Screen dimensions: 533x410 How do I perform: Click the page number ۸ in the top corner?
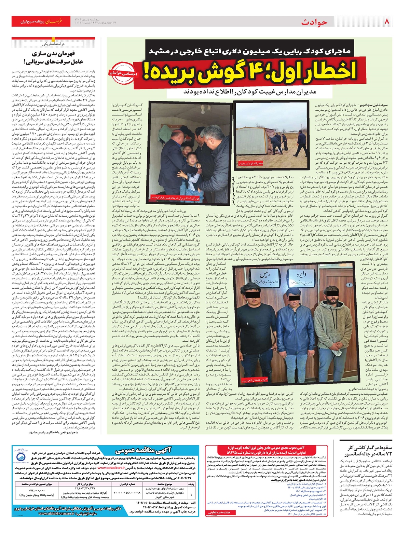pos(387,22)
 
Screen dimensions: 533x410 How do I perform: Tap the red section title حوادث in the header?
pos(314,22)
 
